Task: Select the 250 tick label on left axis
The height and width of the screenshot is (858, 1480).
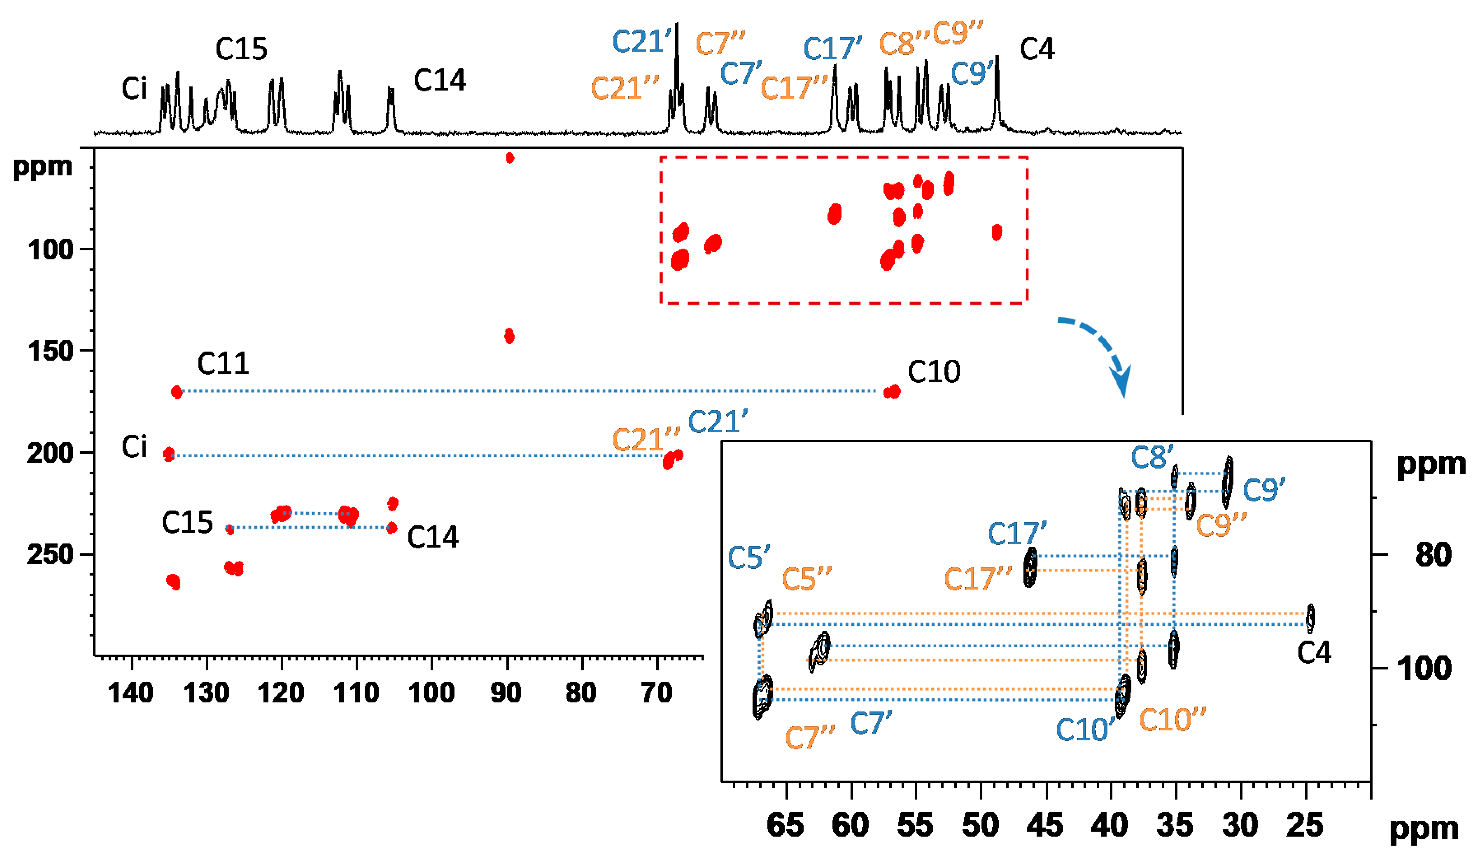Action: pyautogui.click(x=51, y=555)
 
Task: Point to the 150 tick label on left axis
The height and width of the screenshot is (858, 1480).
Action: pyautogui.click(x=51, y=351)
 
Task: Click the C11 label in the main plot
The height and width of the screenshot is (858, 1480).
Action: pyautogui.click(x=223, y=364)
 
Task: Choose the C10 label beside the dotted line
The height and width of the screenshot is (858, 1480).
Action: pyautogui.click(x=934, y=372)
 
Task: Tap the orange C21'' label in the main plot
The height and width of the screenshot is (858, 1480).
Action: pyautogui.click(x=645, y=440)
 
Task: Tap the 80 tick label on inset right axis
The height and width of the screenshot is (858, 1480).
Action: pyautogui.click(x=1433, y=555)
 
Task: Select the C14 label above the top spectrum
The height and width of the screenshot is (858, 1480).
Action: pyautogui.click(x=439, y=80)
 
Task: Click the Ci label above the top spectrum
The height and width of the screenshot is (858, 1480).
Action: pyautogui.click(x=134, y=89)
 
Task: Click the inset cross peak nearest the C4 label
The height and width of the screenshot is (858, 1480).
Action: pyautogui.click(x=1310, y=618)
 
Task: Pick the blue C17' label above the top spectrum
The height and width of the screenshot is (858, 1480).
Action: pyautogui.click(x=832, y=49)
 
